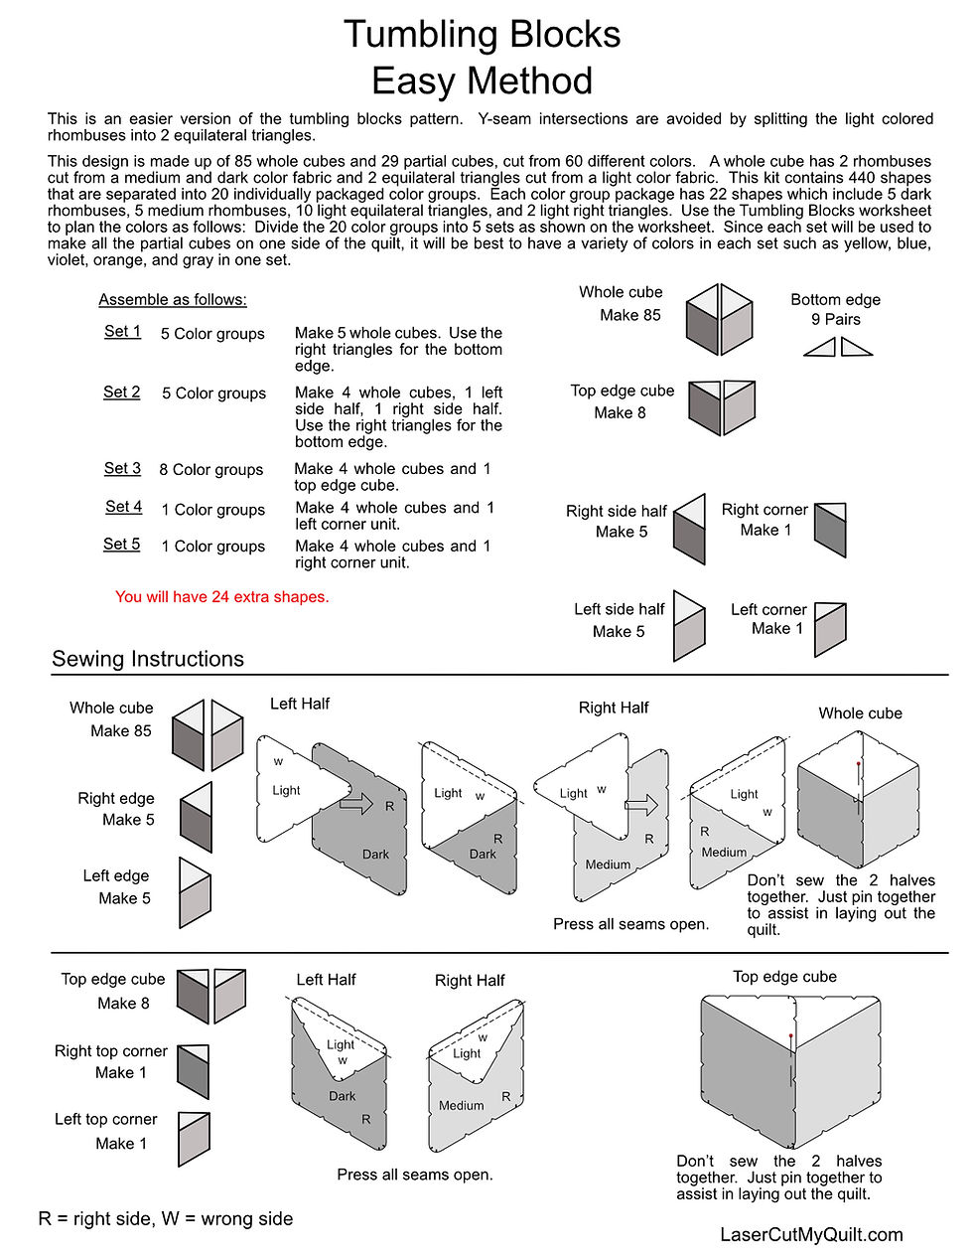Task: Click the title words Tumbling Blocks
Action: coord(482,35)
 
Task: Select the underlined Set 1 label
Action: coord(122,331)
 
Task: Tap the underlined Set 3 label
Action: coord(122,468)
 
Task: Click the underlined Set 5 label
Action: coord(122,545)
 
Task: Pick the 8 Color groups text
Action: coord(210,470)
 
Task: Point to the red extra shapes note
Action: coord(221,597)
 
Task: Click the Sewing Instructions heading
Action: coord(148,659)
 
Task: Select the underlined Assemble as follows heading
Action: coord(173,300)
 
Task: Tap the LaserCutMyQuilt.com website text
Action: coord(811,1234)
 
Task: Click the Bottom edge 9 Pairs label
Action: coord(835,309)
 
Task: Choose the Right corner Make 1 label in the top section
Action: coord(764,520)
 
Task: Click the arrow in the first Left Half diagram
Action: coord(355,802)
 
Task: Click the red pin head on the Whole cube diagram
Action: coord(859,764)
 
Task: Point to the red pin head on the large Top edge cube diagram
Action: coord(790,1036)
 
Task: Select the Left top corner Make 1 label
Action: coord(106,1131)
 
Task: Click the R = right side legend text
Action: coord(166,1219)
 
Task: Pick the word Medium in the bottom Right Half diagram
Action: coord(462,1105)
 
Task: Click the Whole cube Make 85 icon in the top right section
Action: coord(720,320)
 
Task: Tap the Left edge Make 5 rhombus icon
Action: coord(195,893)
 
